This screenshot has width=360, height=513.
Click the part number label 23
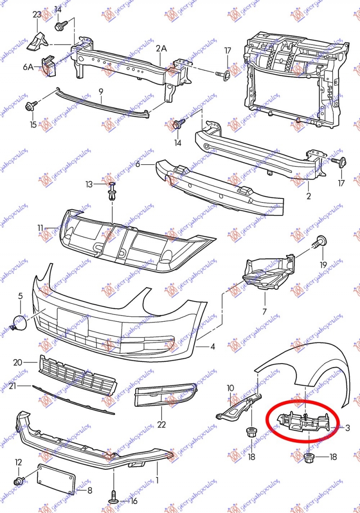[37, 14]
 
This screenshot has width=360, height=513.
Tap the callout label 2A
[161, 48]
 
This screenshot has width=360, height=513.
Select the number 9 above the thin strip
[101, 91]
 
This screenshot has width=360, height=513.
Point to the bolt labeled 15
[32, 106]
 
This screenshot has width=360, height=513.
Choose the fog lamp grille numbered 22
[164, 394]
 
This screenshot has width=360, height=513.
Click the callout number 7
[265, 311]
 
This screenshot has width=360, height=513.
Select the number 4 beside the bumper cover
[212, 346]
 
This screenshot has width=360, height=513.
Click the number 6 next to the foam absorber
[138, 165]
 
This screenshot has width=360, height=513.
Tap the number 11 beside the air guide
[40, 228]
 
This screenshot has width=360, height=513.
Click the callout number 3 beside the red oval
[348, 428]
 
